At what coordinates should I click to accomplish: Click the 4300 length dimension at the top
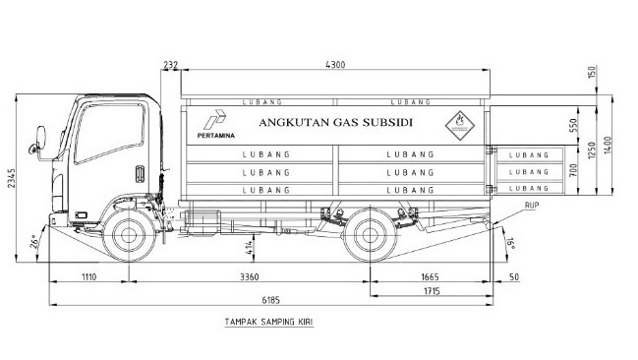click(x=337, y=65)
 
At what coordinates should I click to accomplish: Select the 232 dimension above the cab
click(x=171, y=65)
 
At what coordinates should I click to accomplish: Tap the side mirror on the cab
click(x=41, y=138)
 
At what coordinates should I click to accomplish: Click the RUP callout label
click(x=532, y=206)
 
